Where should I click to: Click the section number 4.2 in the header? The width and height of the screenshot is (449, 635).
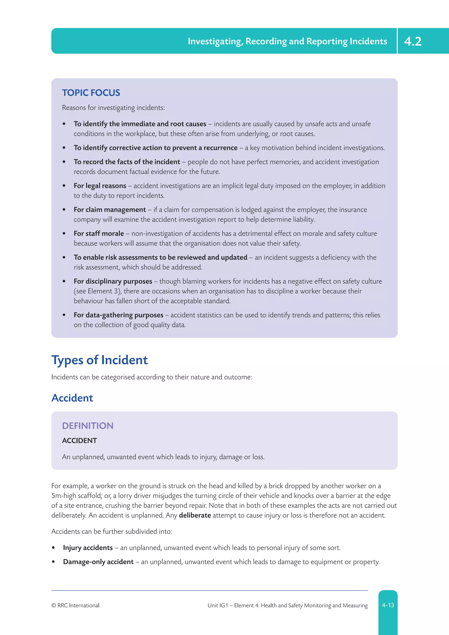(413, 41)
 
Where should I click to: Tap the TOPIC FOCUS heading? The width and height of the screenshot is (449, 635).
(91, 93)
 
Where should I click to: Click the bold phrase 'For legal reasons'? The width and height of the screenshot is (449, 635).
(100, 186)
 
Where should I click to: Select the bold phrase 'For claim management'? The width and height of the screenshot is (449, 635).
(109, 210)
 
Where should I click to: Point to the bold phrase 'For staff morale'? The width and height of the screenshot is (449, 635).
(99, 234)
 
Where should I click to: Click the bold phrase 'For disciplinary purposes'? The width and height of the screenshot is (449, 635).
(113, 281)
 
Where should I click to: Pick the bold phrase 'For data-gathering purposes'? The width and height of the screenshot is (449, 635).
(118, 315)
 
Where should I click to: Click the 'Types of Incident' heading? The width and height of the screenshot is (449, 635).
(100, 360)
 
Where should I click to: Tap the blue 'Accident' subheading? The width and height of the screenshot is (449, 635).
(72, 398)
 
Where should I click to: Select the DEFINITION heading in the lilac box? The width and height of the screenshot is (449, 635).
(88, 426)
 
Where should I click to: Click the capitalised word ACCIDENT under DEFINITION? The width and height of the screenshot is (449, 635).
(79, 441)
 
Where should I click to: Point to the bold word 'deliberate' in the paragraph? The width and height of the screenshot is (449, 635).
(195, 515)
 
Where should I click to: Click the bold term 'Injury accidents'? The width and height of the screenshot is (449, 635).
(88, 548)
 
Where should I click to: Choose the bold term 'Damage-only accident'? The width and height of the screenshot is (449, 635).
(98, 562)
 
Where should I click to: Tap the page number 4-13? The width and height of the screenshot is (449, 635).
(388, 605)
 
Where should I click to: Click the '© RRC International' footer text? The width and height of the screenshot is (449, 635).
(75, 605)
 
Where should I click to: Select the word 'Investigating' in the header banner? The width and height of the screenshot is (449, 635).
(215, 41)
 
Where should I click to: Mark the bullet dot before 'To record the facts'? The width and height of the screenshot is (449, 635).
(64, 162)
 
